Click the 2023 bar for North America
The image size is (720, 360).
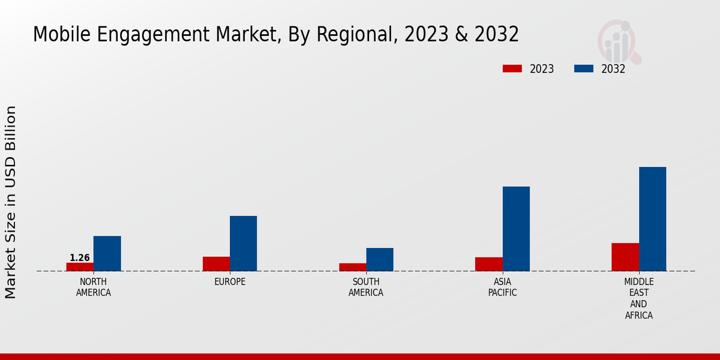pyautogui.click(x=80, y=267)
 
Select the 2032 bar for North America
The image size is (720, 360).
pyautogui.click(x=107, y=253)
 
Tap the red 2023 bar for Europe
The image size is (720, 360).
pyautogui.click(x=216, y=264)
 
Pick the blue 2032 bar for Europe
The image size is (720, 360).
pyautogui.click(x=243, y=244)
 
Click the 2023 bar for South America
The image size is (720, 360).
pyautogui.click(x=352, y=267)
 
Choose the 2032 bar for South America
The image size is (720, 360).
pyautogui.click(x=380, y=259)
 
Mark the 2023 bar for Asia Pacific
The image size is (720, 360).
pyautogui.click(x=488, y=264)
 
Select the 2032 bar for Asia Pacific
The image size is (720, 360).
pyautogui.click(x=516, y=229)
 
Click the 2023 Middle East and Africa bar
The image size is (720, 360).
pyautogui.click(x=625, y=257)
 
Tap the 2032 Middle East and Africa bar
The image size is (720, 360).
pyautogui.click(x=652, y=219)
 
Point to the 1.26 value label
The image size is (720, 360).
pyautogui.click(x=80, y=258)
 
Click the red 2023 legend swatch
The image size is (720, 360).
pyautogui.click(x=512, y=69)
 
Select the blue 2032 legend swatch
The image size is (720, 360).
pyautogui.click(x=584, y=69)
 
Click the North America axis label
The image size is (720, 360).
pyautogui.click(x=94, y=287)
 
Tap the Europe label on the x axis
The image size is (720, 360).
pyautogui.click(x=230, y=282)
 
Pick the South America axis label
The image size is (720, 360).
pyautogui.click(x=366, y=287)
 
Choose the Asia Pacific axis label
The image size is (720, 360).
pyautogui.click(x=502, y=287)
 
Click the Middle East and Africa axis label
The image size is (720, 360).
pyautogui.click(x=639, y=298)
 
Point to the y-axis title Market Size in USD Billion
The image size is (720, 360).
pyautogui.click(x=11, y=202)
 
